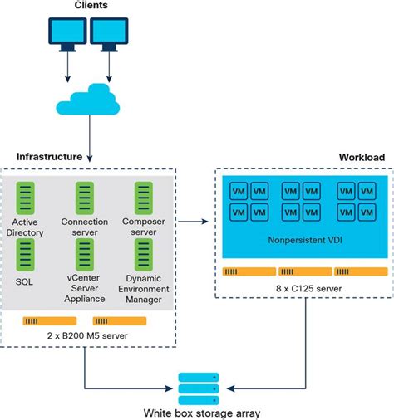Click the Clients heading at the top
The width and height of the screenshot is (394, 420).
91,7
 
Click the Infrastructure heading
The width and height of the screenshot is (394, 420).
48,156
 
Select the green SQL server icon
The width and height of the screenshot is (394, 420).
28,252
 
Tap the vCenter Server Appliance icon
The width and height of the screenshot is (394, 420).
85,252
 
